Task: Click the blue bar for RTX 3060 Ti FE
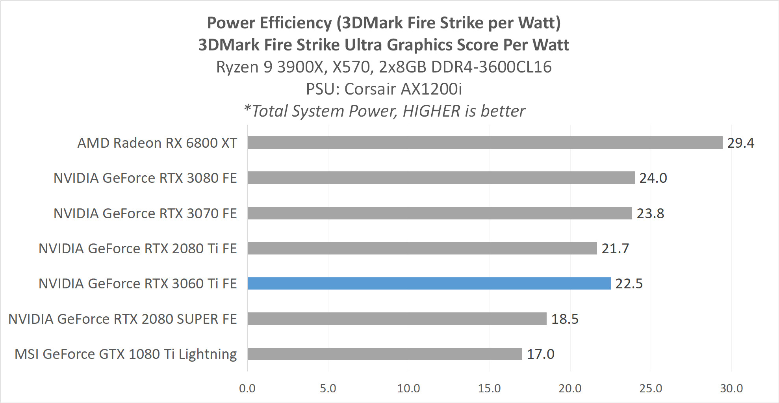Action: pyautogui.click(x=429, y=283)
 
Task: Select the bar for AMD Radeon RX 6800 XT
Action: pyautogui.click(x=485, y=143)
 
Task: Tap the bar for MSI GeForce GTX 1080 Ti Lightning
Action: pyautogui.click(x=385, y=354)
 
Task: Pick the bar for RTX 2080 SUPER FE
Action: pyautogui.click(x=397, y=319)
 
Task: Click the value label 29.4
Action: pyautogui.click(x=740, y=143)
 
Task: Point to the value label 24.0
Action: pyautogui.click(x=653, y=178)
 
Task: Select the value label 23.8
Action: pyautogui.click(x=650, y=214)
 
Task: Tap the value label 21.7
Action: pyautogui.click(x=615, y=249)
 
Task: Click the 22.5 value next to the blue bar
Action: pyautogui.click(x=629, y=284)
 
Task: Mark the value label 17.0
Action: pyautogui.click(x=540, y=354)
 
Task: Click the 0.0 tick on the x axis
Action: pyautogui.click(x=247, y=388)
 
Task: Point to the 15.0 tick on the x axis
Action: pyautogui.click(x=489, y=388)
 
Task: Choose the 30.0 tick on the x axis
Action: pyautogui.click(x=731, y=388)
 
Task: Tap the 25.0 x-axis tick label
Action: pyautogui.click(x=651, y=388)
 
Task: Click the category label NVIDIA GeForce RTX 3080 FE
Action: pyautogui.click(x=145, y=178)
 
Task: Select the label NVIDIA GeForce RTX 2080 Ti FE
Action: pyautogui.click(x=137, y=249)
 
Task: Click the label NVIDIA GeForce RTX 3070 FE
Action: pyautogui.click(x=145, y=214)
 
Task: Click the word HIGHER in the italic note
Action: pyautogui.click(x=431, y=111)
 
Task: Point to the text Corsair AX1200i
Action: pyautogui.click(x=402, y=89)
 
